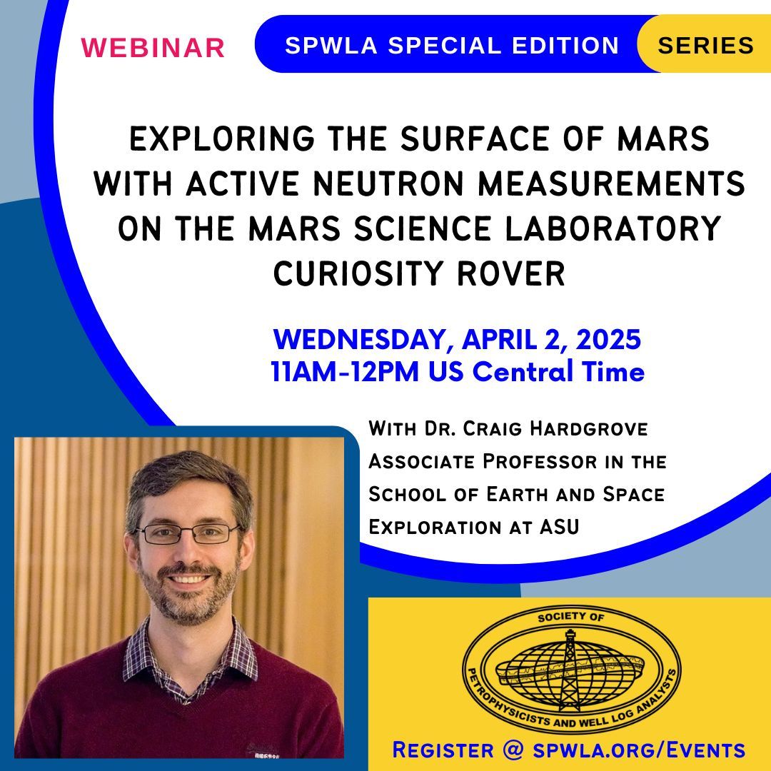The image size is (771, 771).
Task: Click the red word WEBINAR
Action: point(153,47)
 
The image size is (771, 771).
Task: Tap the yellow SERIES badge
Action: point(705,45)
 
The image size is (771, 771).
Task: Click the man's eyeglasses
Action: point(187,532)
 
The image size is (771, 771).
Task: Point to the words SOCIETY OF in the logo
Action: point(569,616)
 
